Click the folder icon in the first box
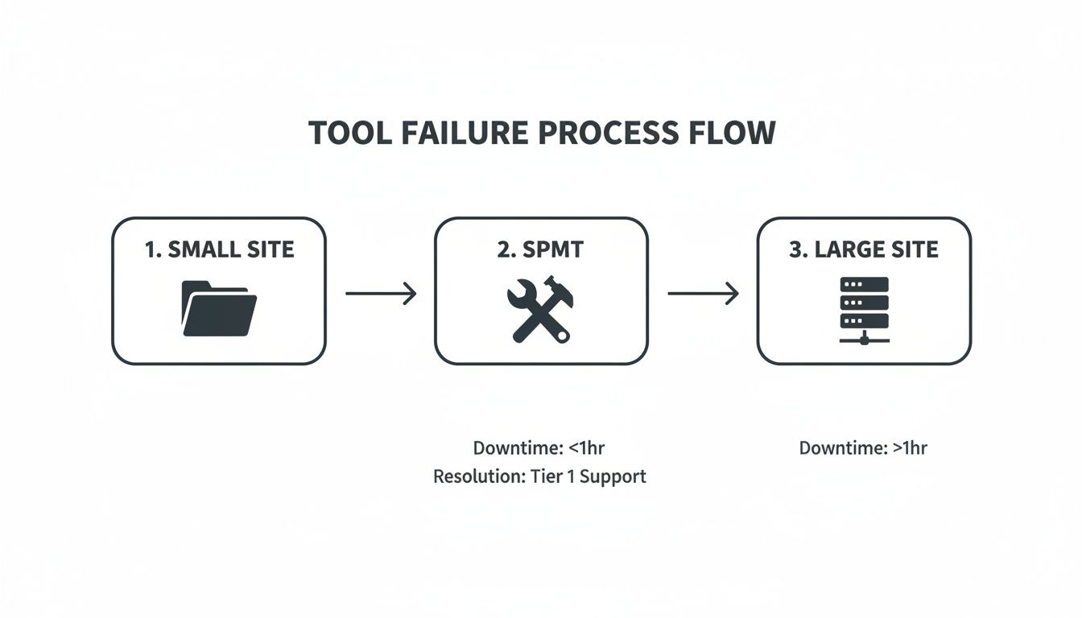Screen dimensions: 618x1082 click(219, 308)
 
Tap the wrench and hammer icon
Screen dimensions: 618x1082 click(540, 310)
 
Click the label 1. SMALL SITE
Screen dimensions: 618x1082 click(219, 249)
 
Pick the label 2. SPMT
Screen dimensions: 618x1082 click(540, 249)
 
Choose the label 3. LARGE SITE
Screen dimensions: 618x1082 click(864, 249)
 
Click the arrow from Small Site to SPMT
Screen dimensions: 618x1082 click(381, 294)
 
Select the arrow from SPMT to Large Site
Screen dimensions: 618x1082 click(703, 294)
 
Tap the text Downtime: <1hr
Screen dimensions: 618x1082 click(538, 448)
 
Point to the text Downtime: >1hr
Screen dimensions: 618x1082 click(863, 448)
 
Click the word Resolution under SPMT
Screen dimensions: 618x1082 click(477, 476)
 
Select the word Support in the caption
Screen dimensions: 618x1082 click(613, 476)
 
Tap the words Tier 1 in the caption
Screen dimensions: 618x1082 click(552, 476)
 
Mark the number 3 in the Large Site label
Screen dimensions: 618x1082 click(795, 249)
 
